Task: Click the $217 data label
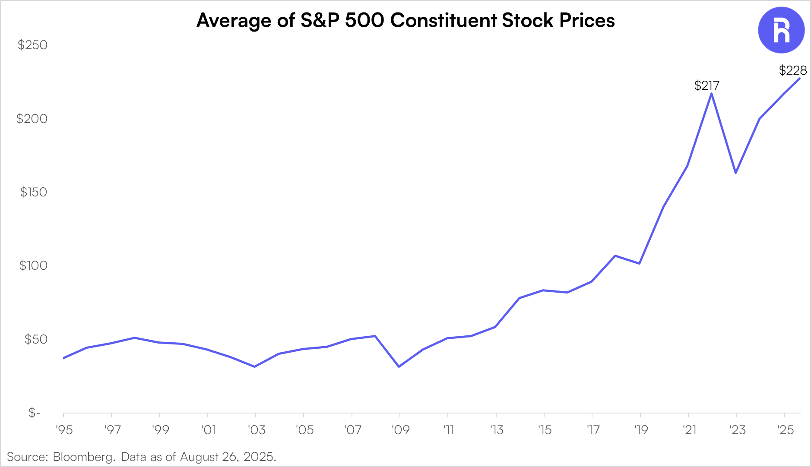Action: click(706, 85)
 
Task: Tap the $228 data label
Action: click(793, 70)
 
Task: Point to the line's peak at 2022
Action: click(711, 93)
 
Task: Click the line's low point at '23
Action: click(735, 173)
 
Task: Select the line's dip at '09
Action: click(399, 366)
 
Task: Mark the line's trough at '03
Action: click(255, 366)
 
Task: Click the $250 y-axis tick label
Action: click(32, 45)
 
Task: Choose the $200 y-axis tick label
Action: click(32, 119)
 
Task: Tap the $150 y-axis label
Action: click(33, 192)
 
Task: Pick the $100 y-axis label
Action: click(33, 265)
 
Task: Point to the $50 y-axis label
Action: click(36, 339)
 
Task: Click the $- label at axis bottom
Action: click(35, 413)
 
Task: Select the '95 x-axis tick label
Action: click(64, 430)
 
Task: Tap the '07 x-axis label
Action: click(352, 430)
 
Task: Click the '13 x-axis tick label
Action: click(497, 430)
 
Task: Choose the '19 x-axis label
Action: click(641, 430)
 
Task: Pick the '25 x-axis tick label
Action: click(786, 430)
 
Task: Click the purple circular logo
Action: click(781, 30)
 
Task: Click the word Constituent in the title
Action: click(444, 20)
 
